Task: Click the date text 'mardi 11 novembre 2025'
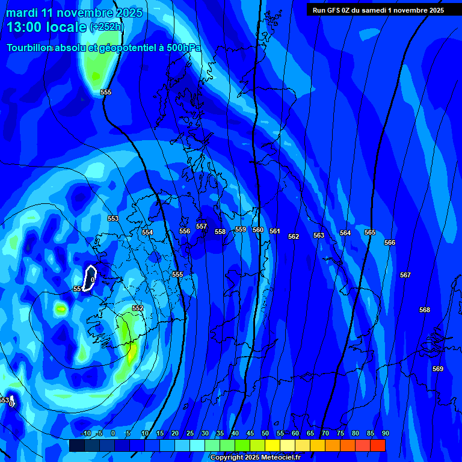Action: pos(74,13)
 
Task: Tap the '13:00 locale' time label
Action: pos(46,27)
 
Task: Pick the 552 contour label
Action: pos(138,308)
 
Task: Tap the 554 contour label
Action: pos(147,232)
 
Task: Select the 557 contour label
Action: pos(202,227)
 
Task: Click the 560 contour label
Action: pos(258,230)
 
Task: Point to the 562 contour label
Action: pos(294,236)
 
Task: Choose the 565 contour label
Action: pos(370,232)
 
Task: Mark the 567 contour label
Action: pos(405,275)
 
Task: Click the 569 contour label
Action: pos(438,369)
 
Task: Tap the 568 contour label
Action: pos(425,310)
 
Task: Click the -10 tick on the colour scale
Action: pos(85,434)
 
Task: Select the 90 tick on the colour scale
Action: pos(385,434)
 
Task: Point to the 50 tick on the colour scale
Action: pos(265,434)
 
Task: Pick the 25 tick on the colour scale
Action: pos(189,434)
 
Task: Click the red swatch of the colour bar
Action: pos(377,446)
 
